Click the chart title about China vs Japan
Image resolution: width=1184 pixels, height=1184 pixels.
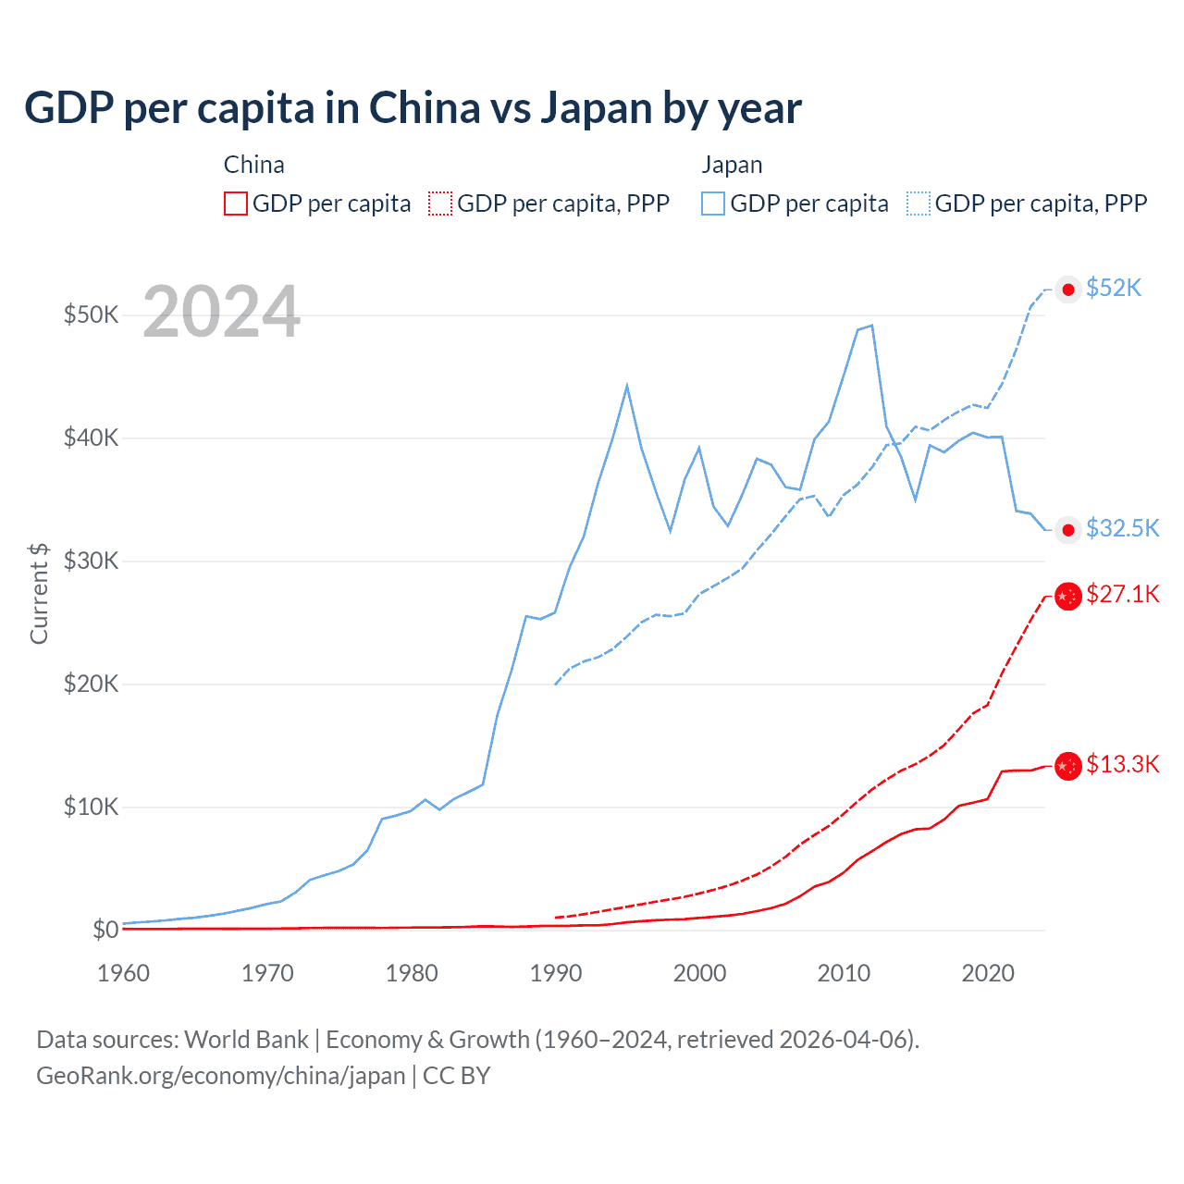(413, 108)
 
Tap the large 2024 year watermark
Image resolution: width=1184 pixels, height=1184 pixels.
(222, 312)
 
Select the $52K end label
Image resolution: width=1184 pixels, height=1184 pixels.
(1114, 288)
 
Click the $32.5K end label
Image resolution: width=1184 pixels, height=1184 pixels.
(1122, 528)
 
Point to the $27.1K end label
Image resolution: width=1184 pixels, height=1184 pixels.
(1122, 594)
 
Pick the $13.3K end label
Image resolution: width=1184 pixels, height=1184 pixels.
(1122, 764)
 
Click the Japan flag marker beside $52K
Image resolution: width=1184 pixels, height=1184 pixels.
(1068, 290)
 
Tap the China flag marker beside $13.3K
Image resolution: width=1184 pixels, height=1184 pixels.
(1068, 766)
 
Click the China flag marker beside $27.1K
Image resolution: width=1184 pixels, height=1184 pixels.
(1068, 596)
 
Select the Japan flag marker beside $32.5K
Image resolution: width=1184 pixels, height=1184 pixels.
(1068, 530)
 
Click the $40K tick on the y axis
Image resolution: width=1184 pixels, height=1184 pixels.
(91, 438)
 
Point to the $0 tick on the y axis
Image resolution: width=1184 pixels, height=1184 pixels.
(105, 930)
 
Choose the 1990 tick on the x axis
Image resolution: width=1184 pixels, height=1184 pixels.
(556, 973)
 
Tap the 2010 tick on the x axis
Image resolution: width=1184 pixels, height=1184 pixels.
(844, 973)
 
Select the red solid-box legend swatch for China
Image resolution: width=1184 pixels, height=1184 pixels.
(236, 203)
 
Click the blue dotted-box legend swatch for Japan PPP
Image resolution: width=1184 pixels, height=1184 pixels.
(919, 203)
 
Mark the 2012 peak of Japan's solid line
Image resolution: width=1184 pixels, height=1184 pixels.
(871, 326)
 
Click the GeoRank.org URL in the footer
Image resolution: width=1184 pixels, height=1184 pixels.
(221, 1076)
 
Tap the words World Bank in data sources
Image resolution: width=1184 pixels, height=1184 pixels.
(246, 1040)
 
